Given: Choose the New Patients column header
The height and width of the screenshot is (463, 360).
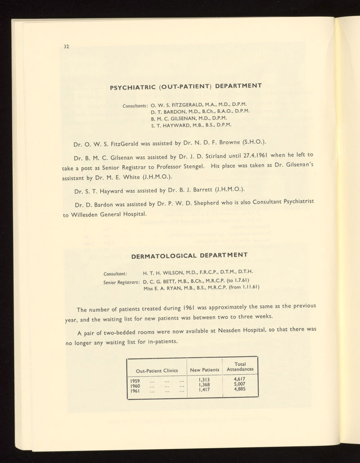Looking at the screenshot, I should point(205,369).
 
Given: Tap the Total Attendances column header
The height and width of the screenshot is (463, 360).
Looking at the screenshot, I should point(240,366).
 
